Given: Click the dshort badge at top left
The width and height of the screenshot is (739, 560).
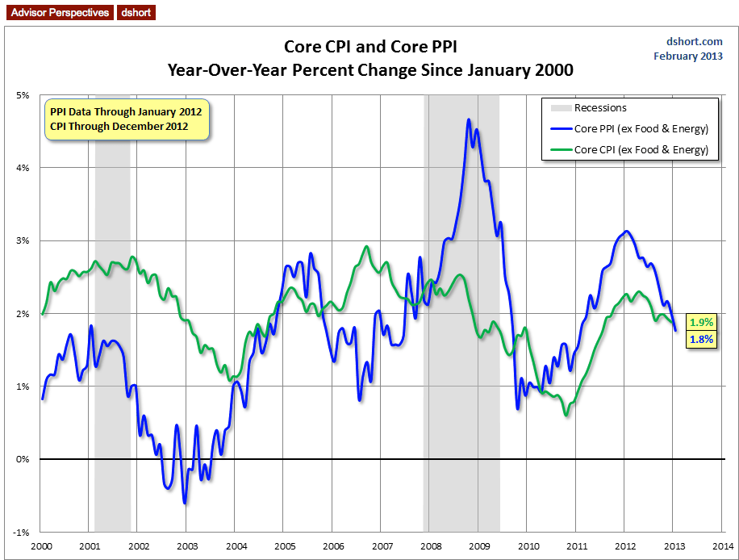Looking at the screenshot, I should click(136, 13).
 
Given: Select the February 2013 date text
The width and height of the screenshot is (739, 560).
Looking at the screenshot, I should click(688, 56).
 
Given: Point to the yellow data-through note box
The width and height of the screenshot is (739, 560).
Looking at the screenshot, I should click(126, 119).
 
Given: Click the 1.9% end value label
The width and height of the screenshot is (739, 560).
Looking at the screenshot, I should click(701, 323).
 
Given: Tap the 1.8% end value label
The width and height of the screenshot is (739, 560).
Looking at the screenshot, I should click(701, 340).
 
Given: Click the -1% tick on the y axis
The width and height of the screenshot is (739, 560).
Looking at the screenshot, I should click(22, 533).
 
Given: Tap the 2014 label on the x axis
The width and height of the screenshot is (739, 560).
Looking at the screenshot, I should click(722, 546).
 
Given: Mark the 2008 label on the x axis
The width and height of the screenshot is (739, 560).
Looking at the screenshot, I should click(430, 546).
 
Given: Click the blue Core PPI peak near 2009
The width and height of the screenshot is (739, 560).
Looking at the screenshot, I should click(469, 119).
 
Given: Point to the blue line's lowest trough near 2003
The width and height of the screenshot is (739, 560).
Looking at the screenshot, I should click(185, 503).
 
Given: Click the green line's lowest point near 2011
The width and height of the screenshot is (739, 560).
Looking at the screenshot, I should click(566, 415).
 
